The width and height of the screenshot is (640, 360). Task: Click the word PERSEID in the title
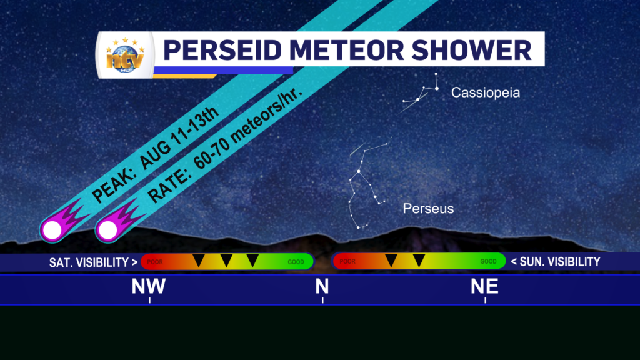click(x=222, y=50)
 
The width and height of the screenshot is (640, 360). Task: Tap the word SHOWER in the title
click(x=471, y=50)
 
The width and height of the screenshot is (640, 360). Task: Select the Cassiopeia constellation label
click(x=485, y=92)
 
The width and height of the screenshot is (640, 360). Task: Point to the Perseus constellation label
click(x=428, y=209)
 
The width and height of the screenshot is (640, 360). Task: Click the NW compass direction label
click(x=149, y=286)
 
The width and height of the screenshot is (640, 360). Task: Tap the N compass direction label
click(x=322, y=286)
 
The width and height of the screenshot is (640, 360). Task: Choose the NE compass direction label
click(x=484, y=286)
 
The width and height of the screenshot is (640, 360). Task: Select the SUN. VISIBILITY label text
click(x=556, y=262)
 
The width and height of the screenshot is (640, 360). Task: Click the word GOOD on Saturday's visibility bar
click(x=296, y=262)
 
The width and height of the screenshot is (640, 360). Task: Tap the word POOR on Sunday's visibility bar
click(x=347, y=261)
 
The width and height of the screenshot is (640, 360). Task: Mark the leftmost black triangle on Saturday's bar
click(x=199, y=259)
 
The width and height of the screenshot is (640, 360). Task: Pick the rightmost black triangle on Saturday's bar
click(x=252, y=259)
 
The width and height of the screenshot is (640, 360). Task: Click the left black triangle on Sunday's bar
click(x=391, y=259)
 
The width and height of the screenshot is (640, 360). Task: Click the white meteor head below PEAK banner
click(x=52, y=230)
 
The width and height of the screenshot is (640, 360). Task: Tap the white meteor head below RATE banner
click(x=108, y=230)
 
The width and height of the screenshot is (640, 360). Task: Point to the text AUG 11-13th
click(x=179, y=139)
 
